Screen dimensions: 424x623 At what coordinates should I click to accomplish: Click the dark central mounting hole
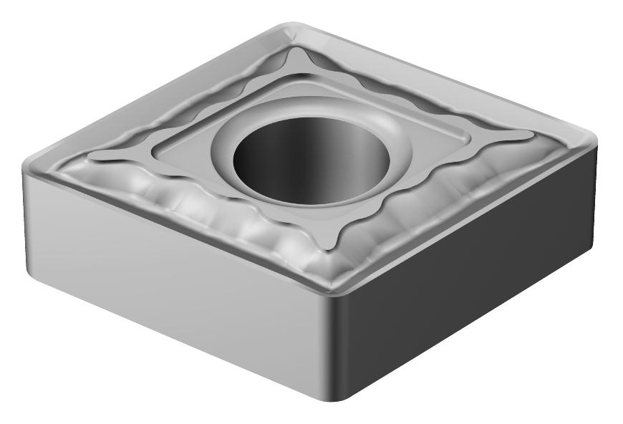(x=311, y=159)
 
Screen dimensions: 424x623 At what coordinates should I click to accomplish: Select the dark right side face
(x=473, y=286)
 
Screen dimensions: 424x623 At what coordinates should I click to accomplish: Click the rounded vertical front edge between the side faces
(x=335, y=344)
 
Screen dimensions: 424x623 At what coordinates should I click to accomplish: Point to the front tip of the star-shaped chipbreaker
(x=331, y=247)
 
